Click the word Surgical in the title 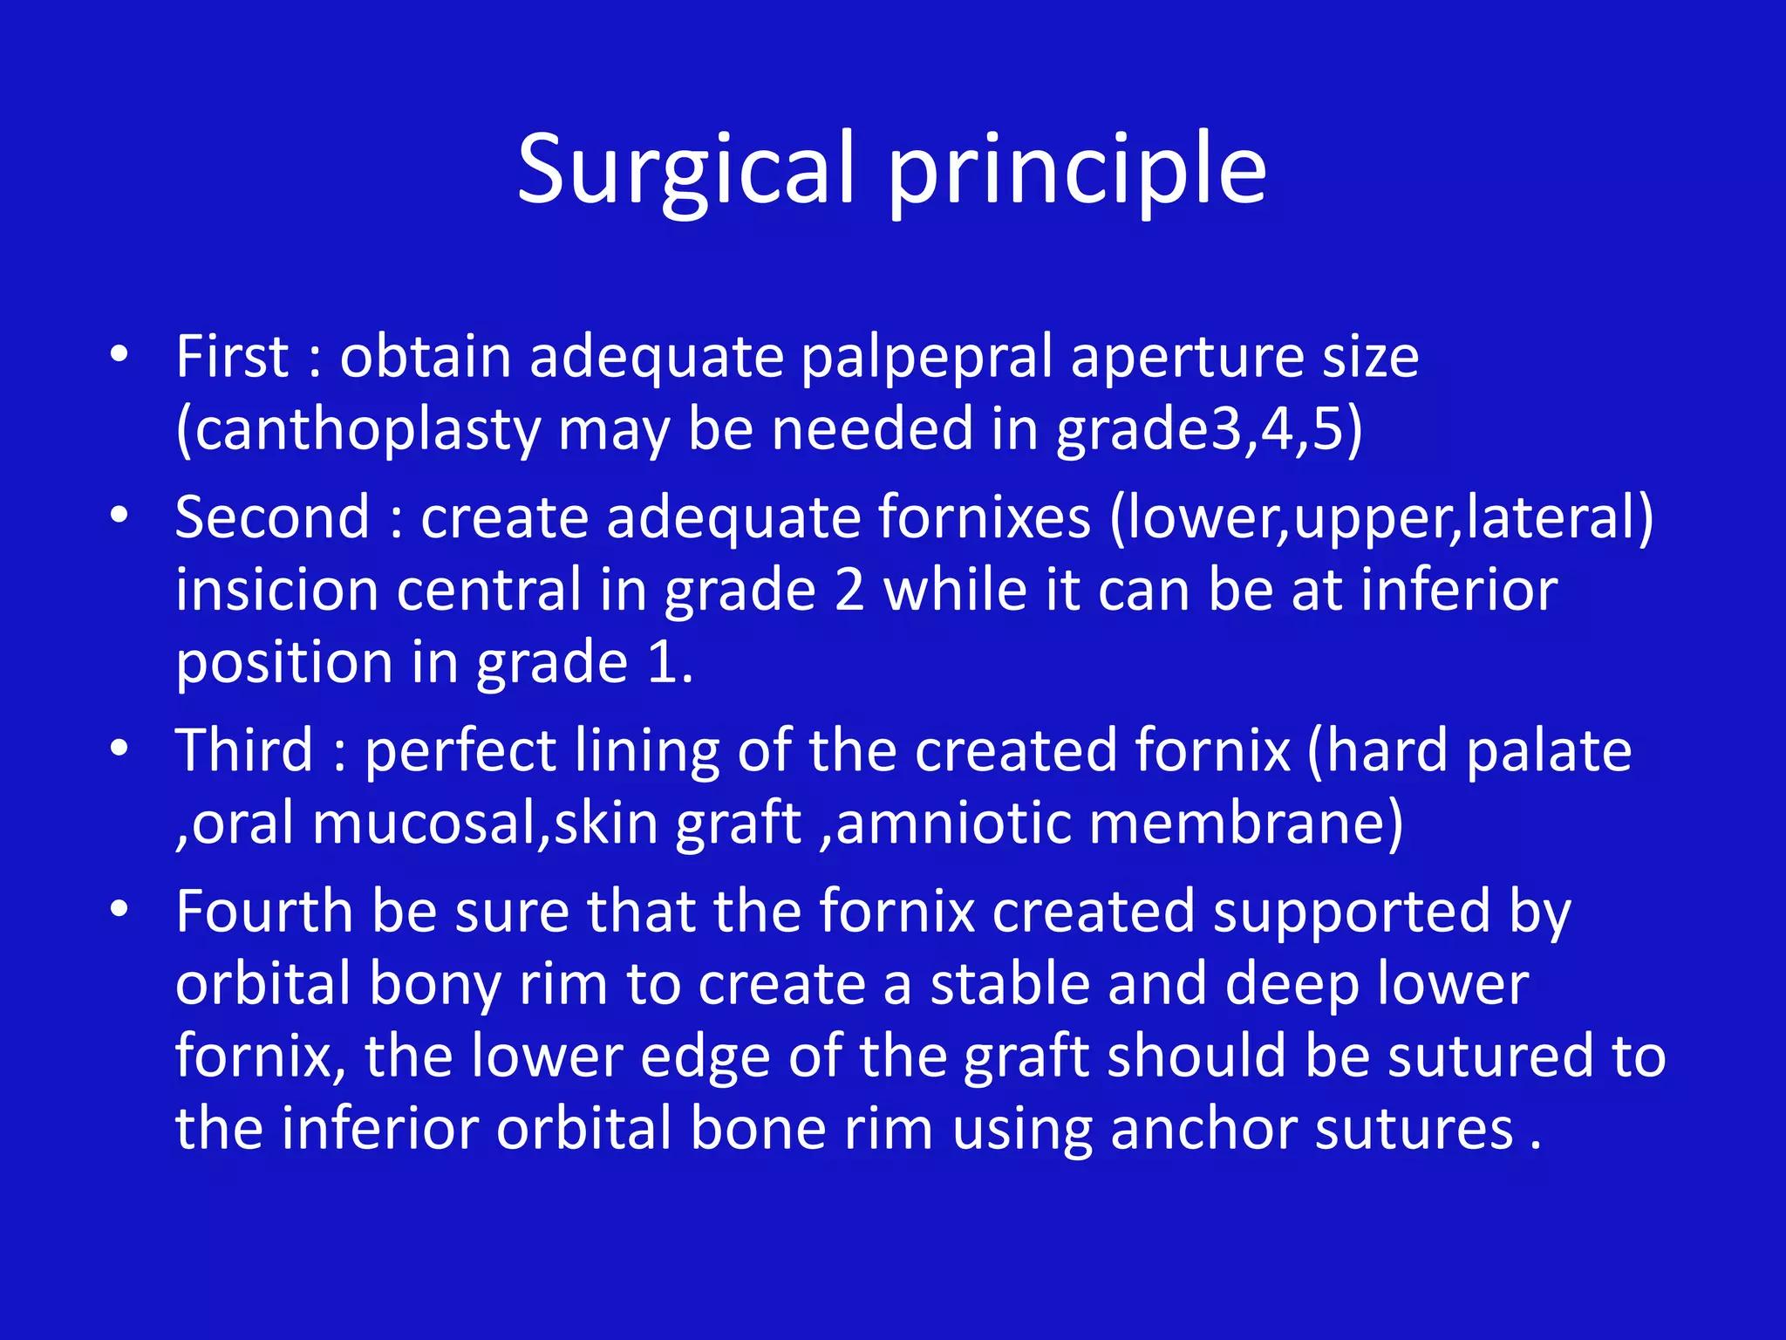[685, 170]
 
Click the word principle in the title [1076, 170]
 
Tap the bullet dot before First [119, 355]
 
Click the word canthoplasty [358, 430]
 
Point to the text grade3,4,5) [1209, 430]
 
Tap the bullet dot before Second [119, 516]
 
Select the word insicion [276, 590]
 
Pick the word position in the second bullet [284, 663]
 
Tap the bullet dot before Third [119, 749]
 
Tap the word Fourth [263, 912]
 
